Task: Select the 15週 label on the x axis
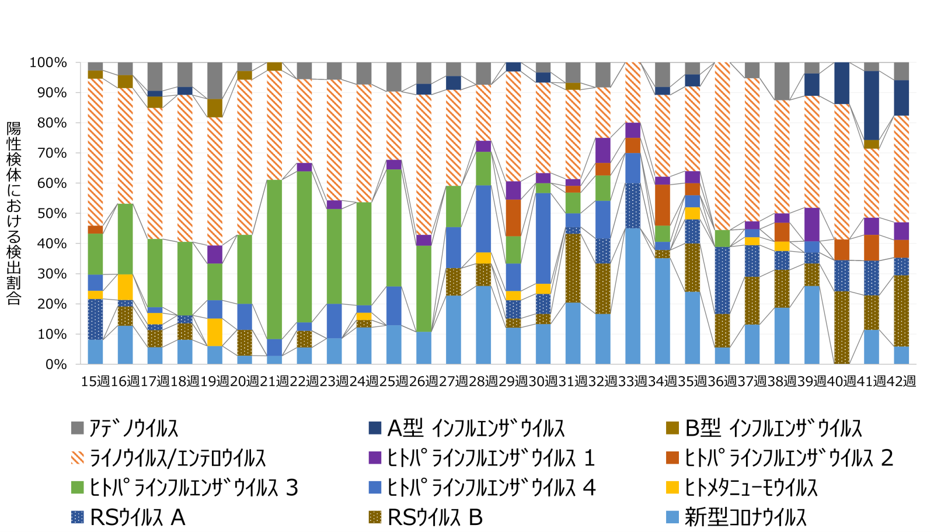coord(95,381)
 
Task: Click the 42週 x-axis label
coord(901,381)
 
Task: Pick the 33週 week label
coord(633,381)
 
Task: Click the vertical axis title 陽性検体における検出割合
coord(14,213)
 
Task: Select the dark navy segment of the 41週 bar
coord(872,105)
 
